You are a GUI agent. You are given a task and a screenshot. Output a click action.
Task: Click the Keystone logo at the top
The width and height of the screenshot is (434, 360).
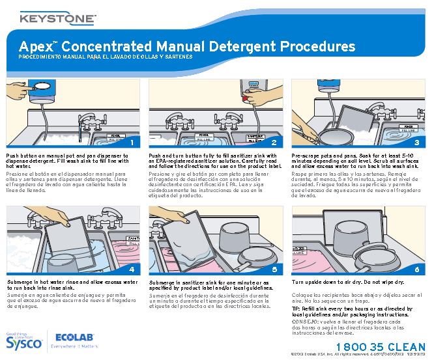coord(57,18)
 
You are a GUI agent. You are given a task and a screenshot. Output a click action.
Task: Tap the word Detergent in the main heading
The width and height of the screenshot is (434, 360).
coord(242,47)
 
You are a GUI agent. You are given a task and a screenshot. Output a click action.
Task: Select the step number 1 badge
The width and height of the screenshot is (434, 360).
coord(132,142)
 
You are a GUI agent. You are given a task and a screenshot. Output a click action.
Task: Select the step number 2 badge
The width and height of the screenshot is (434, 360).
coord(274,142)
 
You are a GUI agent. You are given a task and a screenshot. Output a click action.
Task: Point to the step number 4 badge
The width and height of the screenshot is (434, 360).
coord(132,269)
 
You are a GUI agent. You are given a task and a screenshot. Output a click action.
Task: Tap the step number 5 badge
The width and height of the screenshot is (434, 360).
coord(274,269)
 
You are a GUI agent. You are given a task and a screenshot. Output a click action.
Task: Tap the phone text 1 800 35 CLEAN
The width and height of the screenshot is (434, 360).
coord(382,346)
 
